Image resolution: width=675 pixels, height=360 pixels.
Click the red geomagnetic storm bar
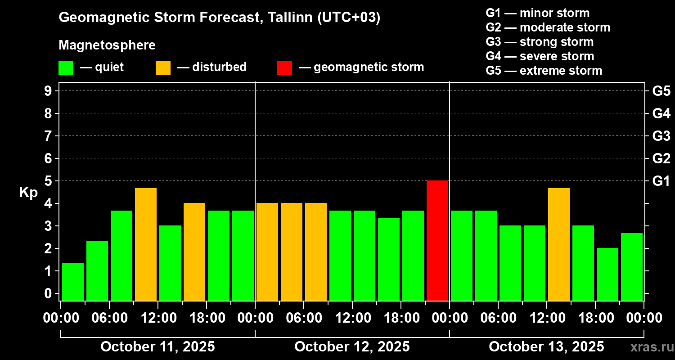click(x=437, y=240)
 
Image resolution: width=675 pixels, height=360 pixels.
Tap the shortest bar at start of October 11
click(x=73, y=282)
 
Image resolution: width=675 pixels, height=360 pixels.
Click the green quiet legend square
click(x=66, y=68)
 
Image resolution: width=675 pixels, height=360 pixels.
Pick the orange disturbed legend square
click(x=163, y=68)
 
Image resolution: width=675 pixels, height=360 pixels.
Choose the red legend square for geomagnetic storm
click(x=284, y=68)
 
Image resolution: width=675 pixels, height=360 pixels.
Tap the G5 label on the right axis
click(x=661, y=91)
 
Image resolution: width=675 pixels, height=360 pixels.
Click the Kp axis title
click(x=28, y=193)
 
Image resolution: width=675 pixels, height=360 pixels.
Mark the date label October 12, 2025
click(x=352, y=347)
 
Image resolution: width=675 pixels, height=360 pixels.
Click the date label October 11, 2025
click(x=157, y=347)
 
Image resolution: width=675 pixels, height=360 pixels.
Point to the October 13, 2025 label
click(x=546, y=347)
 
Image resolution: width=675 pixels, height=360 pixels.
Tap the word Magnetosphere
click(x=107, y=45)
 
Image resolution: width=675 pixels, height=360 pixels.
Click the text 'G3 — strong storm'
click(x=540, y=42)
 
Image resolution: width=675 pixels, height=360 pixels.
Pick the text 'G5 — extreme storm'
click(x=544, y=71)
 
